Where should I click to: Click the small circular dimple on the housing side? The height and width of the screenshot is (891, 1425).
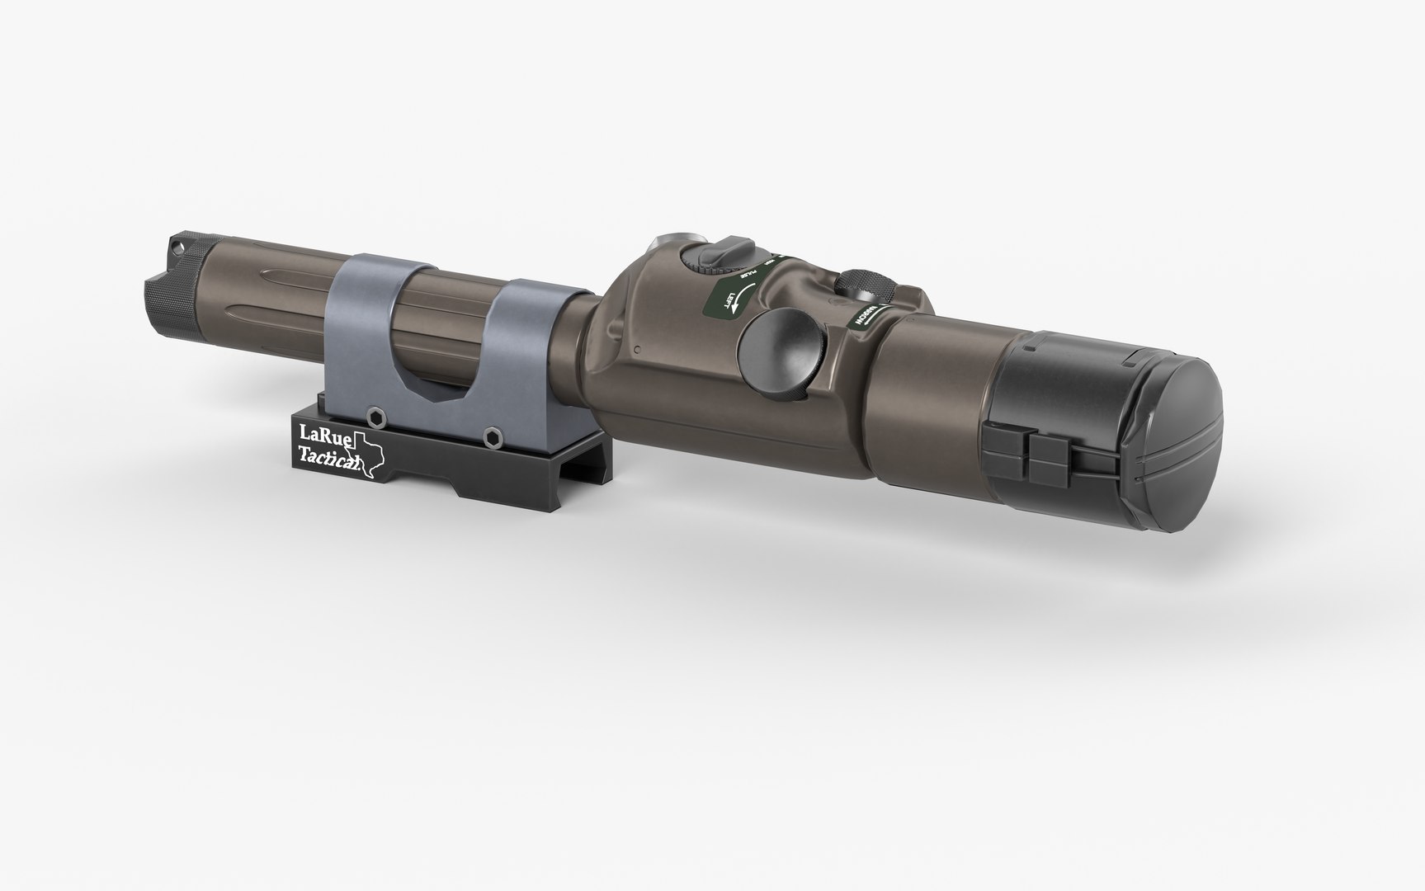click(638, 351)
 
